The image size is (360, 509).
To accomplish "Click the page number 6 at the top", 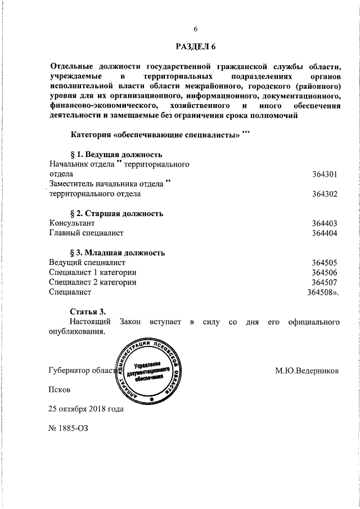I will [x=195, y=30].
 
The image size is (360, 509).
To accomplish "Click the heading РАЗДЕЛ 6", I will [x=195, y=46].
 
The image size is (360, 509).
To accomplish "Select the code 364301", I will [x=324, y=174].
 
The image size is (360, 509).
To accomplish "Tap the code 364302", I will [x=324, y=194].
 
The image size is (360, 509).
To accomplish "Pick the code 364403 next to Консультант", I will [x=324, y=223].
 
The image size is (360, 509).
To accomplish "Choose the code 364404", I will [x=324, y=233].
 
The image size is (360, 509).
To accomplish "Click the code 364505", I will [x=324, y=263].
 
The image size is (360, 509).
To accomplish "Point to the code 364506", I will [x=324, y=272].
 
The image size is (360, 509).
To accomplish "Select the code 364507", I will [x=324, y=282].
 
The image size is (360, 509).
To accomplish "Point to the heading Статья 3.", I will [x=88, y=312].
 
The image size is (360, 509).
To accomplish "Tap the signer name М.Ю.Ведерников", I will [x=307, y=371].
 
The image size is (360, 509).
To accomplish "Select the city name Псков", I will [x=60, y=389].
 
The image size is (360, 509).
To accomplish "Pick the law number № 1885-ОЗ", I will [x=69, y=427].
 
